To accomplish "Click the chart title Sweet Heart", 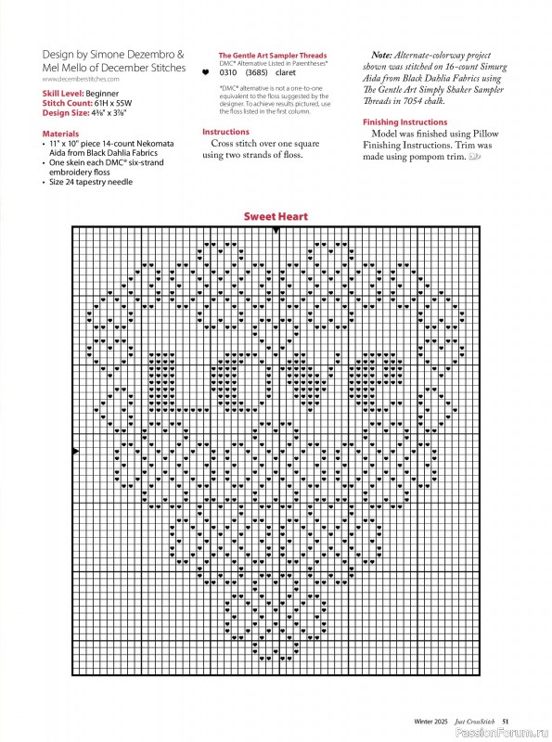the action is [x=276, y=216].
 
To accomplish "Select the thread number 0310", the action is [x=227, y=70].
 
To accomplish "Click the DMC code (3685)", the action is [x=255, y=70].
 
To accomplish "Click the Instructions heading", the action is [x=225, y=133].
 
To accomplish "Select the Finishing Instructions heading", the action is [x=404, y=122].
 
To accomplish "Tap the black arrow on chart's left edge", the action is [x=75, y=451].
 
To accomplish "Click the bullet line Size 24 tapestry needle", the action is [x=90, y=182].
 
